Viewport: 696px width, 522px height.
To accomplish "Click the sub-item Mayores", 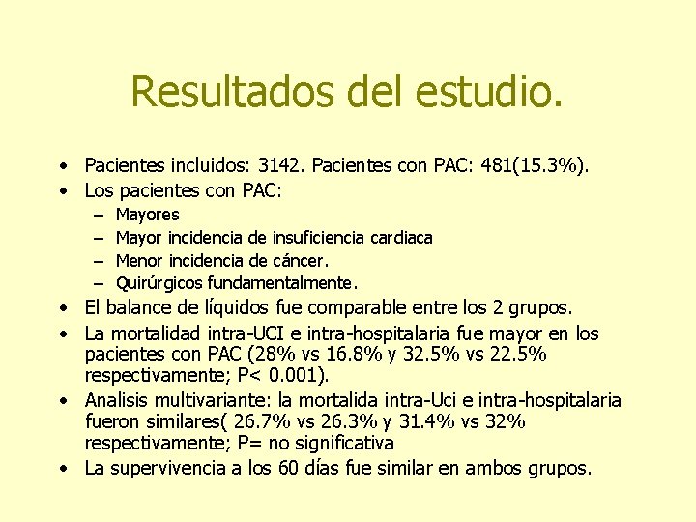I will (147, 215).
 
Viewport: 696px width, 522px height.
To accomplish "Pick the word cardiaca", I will (399, 237).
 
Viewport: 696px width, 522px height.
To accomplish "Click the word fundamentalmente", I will (280, 283).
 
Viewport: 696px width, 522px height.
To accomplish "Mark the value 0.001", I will (301, 377).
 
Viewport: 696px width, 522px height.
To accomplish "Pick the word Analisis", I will (119, 400).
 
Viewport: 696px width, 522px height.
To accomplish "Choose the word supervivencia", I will (168, 468).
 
